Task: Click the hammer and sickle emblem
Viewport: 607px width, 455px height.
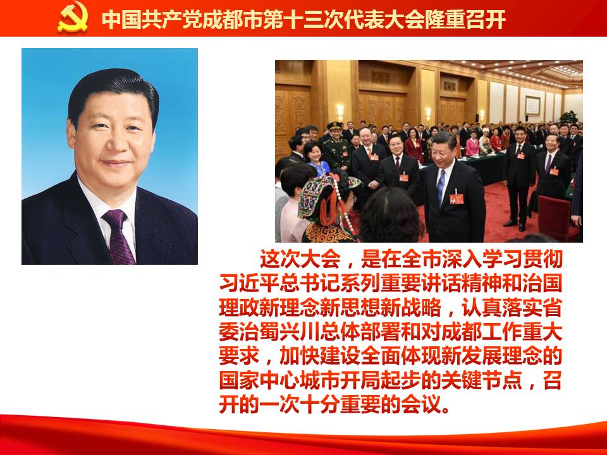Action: [72, 18]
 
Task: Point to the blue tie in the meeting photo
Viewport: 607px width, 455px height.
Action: [441, 186]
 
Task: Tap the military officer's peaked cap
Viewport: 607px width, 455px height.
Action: [334, 126]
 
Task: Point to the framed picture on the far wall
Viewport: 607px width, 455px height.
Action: [532, 106]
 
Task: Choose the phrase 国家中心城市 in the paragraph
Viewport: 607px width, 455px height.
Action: [279, 380]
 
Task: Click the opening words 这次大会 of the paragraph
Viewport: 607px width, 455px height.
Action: [300, 259]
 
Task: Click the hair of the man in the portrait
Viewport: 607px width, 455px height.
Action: [113, 89]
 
